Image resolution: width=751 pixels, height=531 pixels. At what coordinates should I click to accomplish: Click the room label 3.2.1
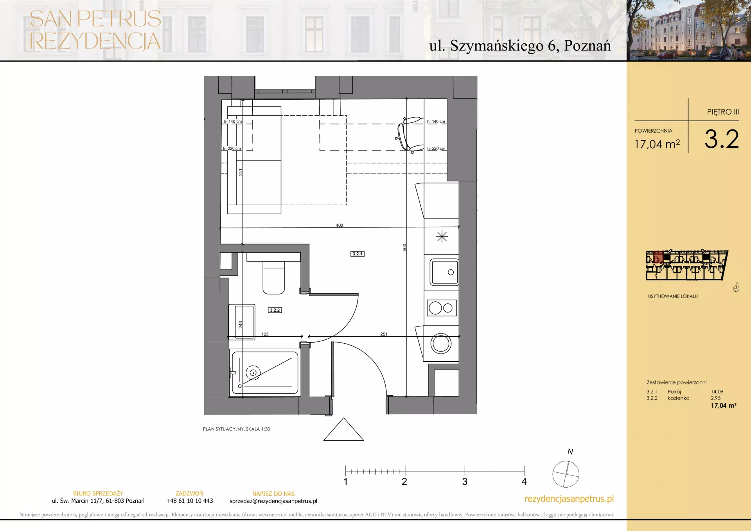(358, 254)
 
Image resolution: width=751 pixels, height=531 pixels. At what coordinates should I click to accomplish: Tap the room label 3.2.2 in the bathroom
(275, 310)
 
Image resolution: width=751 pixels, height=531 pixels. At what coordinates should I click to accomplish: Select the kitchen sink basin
(444, 272)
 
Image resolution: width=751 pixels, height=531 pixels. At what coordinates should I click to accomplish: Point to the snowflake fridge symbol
(442, 237)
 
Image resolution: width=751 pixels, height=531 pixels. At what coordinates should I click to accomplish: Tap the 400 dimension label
(339, 225)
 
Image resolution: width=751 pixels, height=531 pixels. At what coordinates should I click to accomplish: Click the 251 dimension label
(384, 334)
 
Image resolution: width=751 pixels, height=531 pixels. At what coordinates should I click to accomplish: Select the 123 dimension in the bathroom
(265, 334)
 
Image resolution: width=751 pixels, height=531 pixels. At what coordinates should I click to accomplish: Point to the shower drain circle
(253, 373)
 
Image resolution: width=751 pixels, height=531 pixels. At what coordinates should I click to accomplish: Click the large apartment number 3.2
(722, 139)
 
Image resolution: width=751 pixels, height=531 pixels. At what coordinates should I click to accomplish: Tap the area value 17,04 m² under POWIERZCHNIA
(657, 144)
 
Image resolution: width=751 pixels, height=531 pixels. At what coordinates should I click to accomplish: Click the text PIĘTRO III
(723, 112)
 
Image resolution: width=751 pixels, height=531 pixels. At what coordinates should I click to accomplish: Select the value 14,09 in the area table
(717, 391)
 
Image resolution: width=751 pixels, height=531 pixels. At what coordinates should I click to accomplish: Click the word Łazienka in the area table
(679, 398)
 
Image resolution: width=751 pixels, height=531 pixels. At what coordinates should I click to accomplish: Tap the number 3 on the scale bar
(465, 482)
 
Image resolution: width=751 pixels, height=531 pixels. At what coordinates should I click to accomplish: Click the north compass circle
(566, 474)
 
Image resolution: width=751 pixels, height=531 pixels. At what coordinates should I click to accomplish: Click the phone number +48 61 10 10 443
(190, 501)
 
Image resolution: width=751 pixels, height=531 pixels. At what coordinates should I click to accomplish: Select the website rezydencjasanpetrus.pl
(569, 499)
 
